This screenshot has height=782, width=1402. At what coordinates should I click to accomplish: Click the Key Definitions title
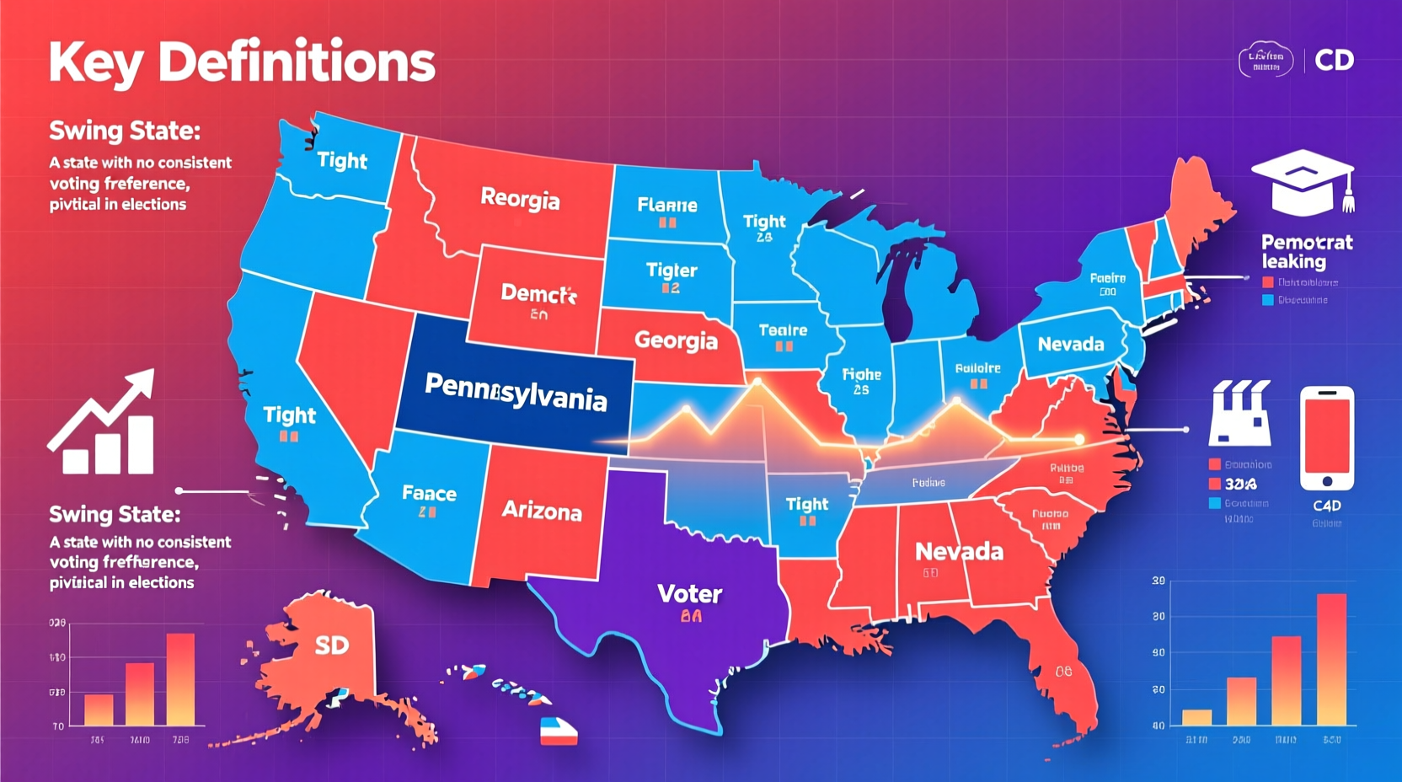click(242, 63)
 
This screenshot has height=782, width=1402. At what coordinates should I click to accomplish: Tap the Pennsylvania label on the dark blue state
click(516, 392)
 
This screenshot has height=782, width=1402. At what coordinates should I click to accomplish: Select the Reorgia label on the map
click(520, 199)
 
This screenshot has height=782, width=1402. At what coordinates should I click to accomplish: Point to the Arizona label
click(542, 511)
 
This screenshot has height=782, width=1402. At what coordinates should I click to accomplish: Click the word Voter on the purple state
click(689, 594)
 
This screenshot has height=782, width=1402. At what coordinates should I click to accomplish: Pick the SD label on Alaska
click(332, 645)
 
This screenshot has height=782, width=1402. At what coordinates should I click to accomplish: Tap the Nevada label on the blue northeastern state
click(1070, 344)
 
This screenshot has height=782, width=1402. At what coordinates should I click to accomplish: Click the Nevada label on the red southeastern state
click(959, 552)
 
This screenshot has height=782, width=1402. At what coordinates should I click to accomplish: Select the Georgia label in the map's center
click(676, 340)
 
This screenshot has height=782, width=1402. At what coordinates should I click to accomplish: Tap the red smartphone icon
click(1326, 438)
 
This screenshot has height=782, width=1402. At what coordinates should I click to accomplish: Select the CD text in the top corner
click(1334, 60)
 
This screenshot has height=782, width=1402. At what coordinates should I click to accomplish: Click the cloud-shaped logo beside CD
click(1266, 60)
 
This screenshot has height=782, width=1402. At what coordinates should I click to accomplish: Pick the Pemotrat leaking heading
click(1306, 252)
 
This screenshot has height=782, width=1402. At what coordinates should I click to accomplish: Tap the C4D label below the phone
click(1326, 506)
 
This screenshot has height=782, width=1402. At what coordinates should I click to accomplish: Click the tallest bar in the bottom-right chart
click(1331, 659)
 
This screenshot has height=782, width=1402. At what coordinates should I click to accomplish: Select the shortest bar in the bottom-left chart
click(99, 710)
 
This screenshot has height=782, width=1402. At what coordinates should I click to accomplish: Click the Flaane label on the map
click(667, 205)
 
